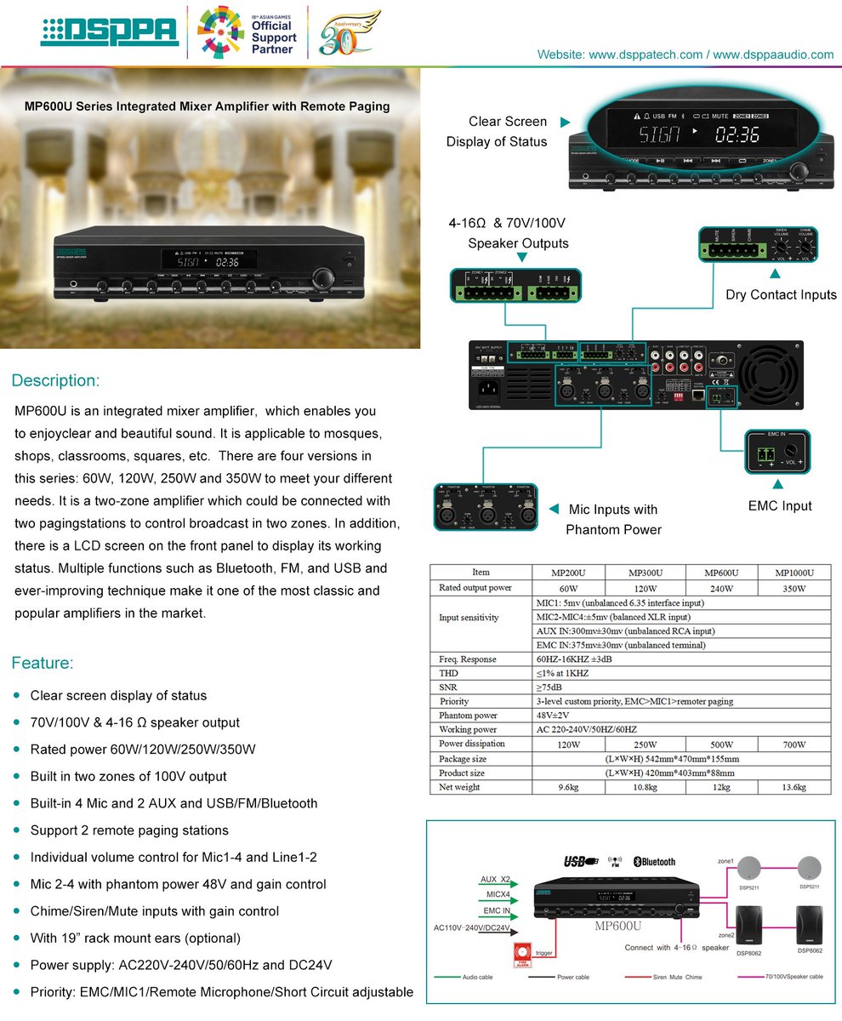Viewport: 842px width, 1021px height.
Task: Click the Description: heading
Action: (x=55, y=379)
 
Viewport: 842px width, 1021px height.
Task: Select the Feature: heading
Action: (x=43, y=663)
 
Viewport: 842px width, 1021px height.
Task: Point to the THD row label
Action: (x=449, y=673)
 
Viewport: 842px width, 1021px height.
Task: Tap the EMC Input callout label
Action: (x=780, y=505)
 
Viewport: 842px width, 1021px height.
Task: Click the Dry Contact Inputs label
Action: (x=781, y=294)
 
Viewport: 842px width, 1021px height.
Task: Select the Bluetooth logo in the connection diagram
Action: (x=654, y=861)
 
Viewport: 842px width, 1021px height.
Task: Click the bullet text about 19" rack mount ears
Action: (x=135, y=938)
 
